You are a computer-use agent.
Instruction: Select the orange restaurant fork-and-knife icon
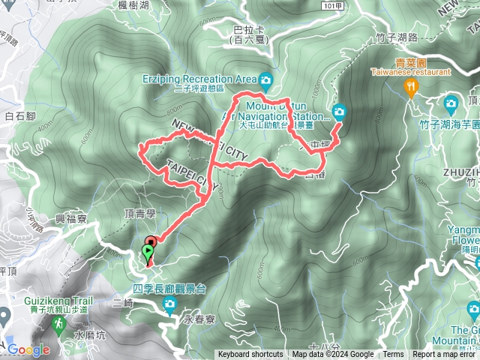pos(410,88)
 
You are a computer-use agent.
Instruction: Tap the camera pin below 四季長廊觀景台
pos(169,304)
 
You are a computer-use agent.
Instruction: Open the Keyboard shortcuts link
pos(250,355)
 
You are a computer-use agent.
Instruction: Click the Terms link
pos(393,355)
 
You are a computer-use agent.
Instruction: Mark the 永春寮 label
pos(199,319)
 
